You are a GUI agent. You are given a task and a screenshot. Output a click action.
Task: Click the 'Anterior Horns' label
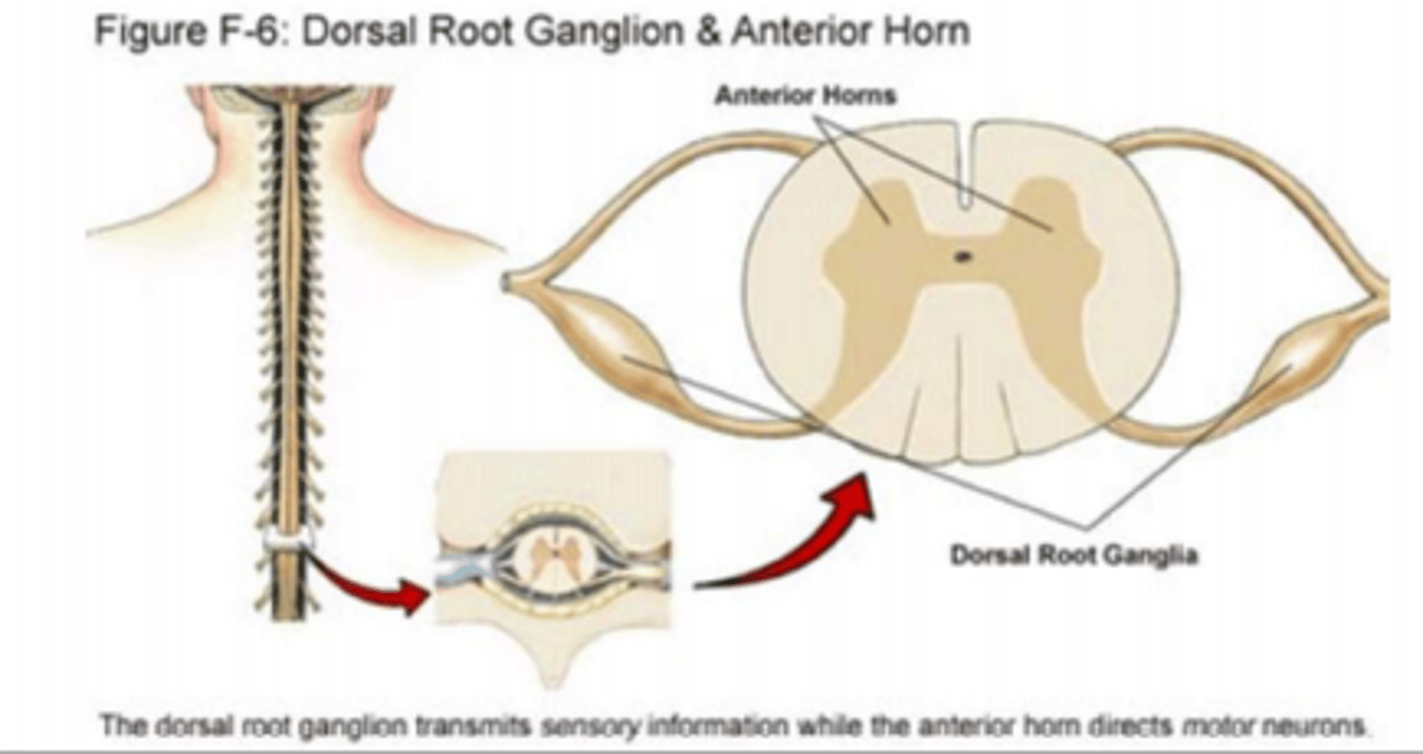point(804,96)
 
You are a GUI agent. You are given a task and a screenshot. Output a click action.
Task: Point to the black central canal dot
point(962,257)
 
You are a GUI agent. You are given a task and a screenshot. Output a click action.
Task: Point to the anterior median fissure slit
point(966,168)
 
